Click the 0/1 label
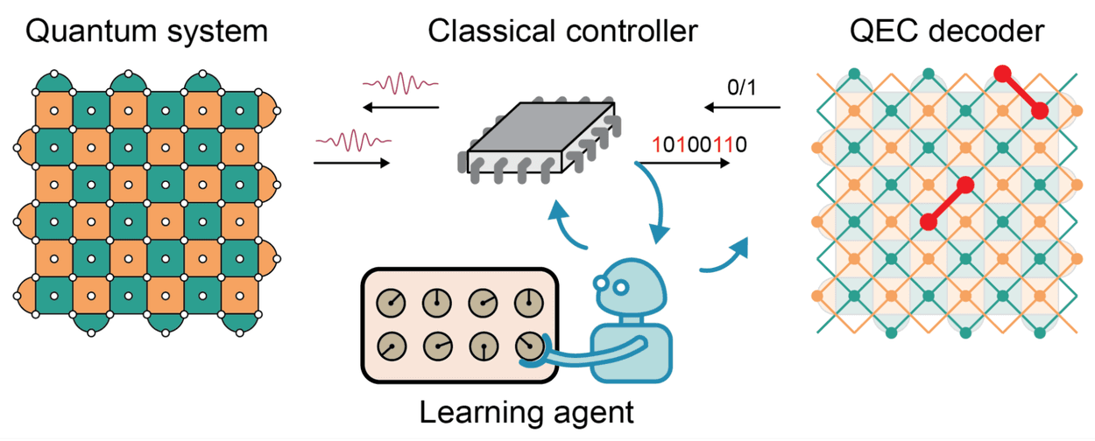coord(742,87)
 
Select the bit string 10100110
coord(699,145)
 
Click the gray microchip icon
coord(540,140)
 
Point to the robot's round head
coord(628,287)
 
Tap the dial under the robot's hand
coord(530,346)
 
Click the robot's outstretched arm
coord(584,356)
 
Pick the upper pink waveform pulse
coord(400,83)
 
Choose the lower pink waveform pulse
coord(353,141)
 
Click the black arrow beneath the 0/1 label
coord(742,107)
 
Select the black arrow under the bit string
coord(684,163)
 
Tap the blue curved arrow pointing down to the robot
coord(656,200)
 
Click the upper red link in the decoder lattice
coord(1021,92)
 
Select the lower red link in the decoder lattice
coord(947,203)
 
